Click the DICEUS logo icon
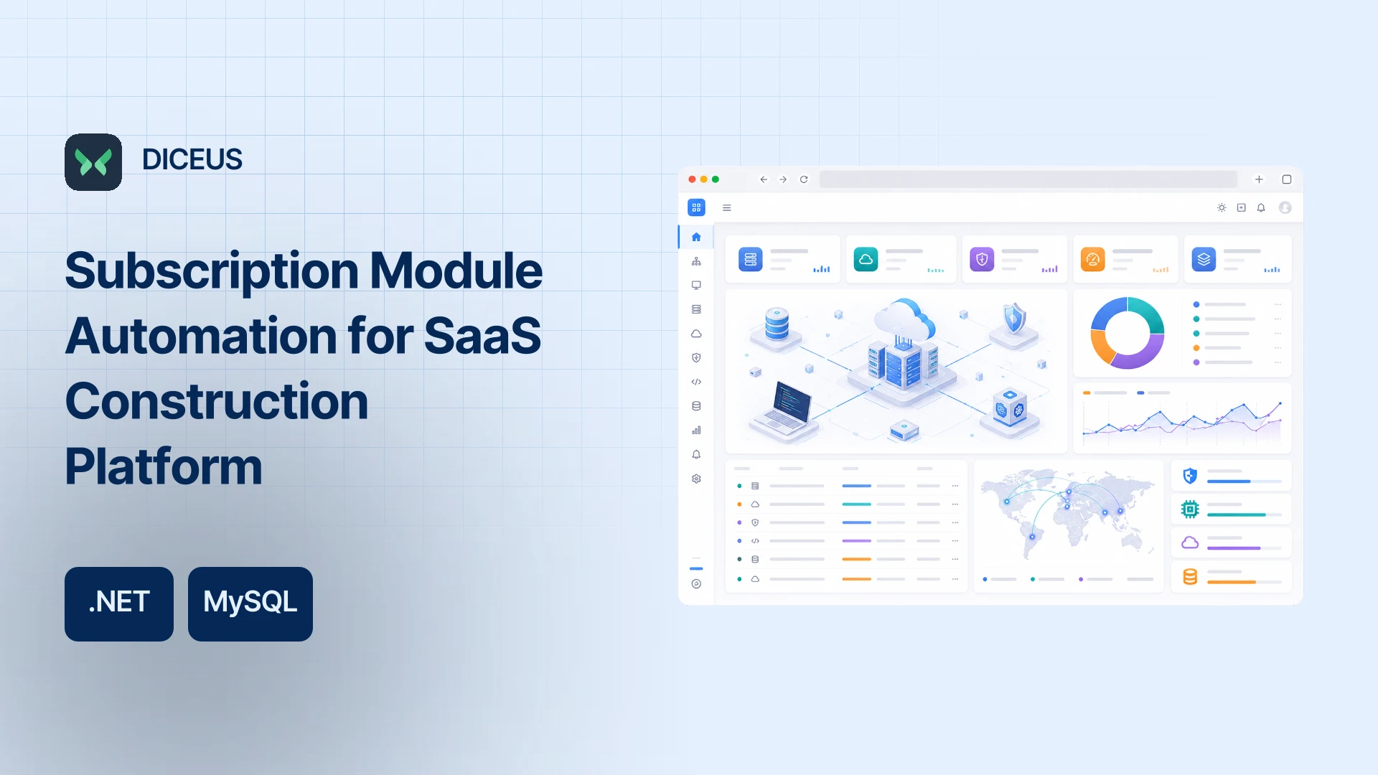pyautogui.click(x=93, y=162)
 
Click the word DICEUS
pyautogui.click(x=192, y=159)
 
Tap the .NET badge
pyautogui.click(x=119, y=604)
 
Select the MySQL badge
pyautogui.click(x=250, y=604)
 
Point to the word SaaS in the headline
pyautogui.click(x=483, y=335)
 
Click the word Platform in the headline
pyautogui.click(x=164, y=466)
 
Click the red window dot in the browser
pyautogui.click(x=692, y=179)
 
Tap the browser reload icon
pyautogui.click(x=804, y=179)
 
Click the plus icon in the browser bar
pyautogui.click(x=1259, y=179)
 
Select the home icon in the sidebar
pyautogui.click(x=696, y=237)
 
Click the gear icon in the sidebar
pyautogui.click(x=696, y=479)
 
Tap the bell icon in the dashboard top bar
pyautogui.click(x=1261, y=208)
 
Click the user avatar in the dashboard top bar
pyautogui.click(x=1285, y=207)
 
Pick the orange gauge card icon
pyautogui.click(x=1092, y=259)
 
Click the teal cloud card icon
pyautogui.click(x=866, y=259)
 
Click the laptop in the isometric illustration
pyautogui.click(x=784, y=413)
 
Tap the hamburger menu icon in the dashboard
pyautogui.click(x=727, y=208)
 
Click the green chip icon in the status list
pyautogui.click(x=1190, y=509)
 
